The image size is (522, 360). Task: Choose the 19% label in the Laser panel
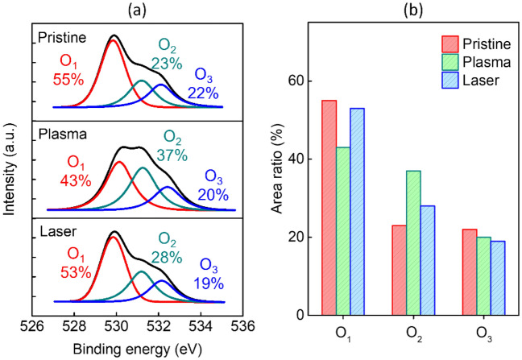[x=213, y=283]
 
